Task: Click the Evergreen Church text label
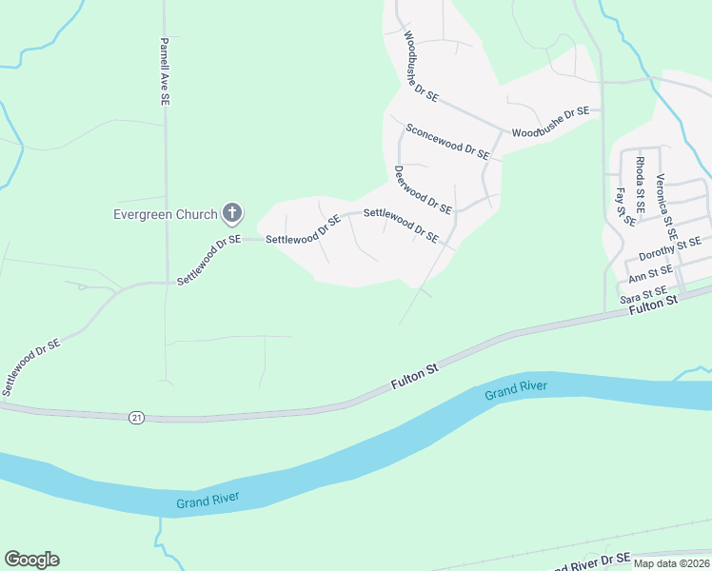(166, 214)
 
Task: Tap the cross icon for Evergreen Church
(231, 212)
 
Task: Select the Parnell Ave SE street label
(165, 71)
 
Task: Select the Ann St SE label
(652, 277)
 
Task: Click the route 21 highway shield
(136, 418)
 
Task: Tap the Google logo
(31, 560)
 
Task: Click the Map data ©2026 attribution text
(670, 563)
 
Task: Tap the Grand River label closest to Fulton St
(516, 388)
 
